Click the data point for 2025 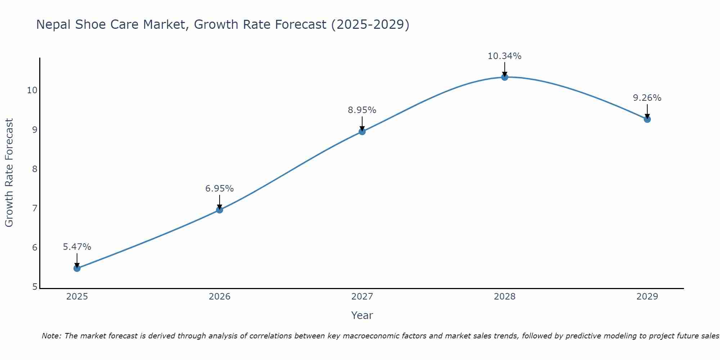click(x=77, y=268)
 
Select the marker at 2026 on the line click(x=220, y=210)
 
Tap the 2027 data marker click(x=362, y=131)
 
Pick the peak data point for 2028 click(x=505, y=77)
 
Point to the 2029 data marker click(x=647, y=119)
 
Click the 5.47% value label click(x=77, y=247)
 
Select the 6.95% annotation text click(x=220, y=189)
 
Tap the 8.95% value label click(x=362, y=110)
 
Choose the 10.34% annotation click(x=505, y=56)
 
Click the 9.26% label click(x=647, y=98)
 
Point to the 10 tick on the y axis click(x=32, y=90)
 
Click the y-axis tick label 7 click(x=35, y=208)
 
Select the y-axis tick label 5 click(x=35, y=287)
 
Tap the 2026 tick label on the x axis click(x=220, y=297)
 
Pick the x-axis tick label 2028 click(x=505, y=297)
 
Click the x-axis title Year click(x=362, y=315)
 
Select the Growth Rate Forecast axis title click(x=9, y=173)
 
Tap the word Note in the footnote click(x=52, y=336)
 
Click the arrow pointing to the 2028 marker click(x=505, y=69)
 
